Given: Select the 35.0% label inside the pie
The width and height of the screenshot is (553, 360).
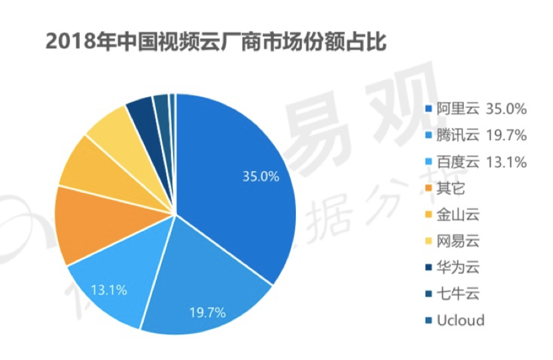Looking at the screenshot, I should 261,177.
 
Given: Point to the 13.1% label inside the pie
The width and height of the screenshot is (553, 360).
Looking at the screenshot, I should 110,289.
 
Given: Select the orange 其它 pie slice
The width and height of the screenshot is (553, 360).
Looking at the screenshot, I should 86,225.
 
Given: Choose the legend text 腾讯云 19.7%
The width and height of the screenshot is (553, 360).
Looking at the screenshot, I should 481,135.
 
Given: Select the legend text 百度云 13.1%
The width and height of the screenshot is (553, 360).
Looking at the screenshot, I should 481,162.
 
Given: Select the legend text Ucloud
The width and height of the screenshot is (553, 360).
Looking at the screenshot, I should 460,320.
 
